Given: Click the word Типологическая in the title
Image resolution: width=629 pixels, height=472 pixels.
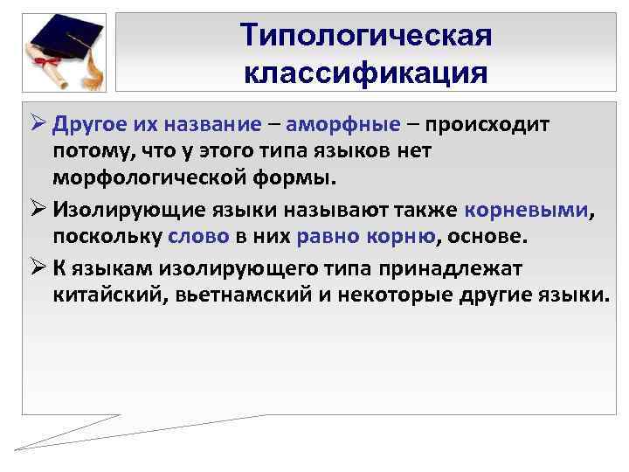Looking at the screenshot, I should click(x=366, y=36).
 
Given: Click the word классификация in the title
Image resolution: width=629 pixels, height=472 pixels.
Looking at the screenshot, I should click(x=366, y=72).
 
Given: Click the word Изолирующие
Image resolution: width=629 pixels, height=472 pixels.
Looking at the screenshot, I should click(x=120, y=210).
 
